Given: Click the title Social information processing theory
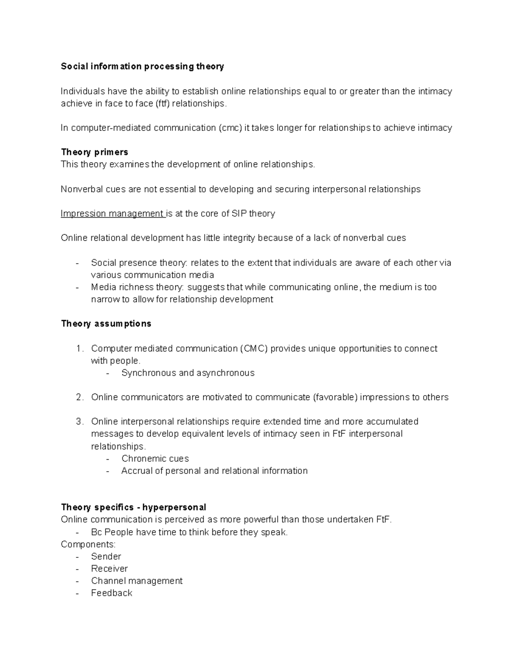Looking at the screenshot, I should coord(142,66).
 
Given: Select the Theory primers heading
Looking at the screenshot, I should coord(94,152).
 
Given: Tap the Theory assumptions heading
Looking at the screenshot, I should coord(106,324).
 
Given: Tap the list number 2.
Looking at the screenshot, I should coord(79,397).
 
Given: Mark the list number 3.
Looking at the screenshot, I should coord(79,422).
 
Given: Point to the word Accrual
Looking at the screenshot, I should coord(136,471).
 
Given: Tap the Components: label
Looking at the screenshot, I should coord(88,545).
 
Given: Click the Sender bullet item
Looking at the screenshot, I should coord(106,557).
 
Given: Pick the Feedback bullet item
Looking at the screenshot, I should coord(112,593).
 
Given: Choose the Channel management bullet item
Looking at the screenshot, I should coord(137,581).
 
